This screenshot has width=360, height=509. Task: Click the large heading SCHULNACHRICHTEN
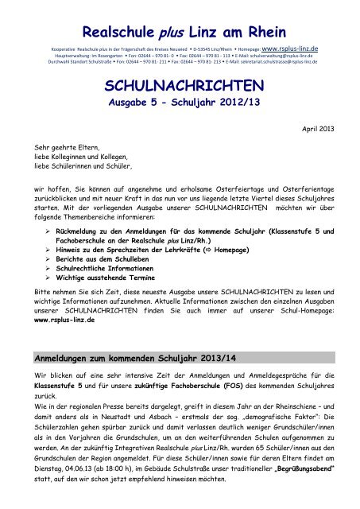pos(179,85)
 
